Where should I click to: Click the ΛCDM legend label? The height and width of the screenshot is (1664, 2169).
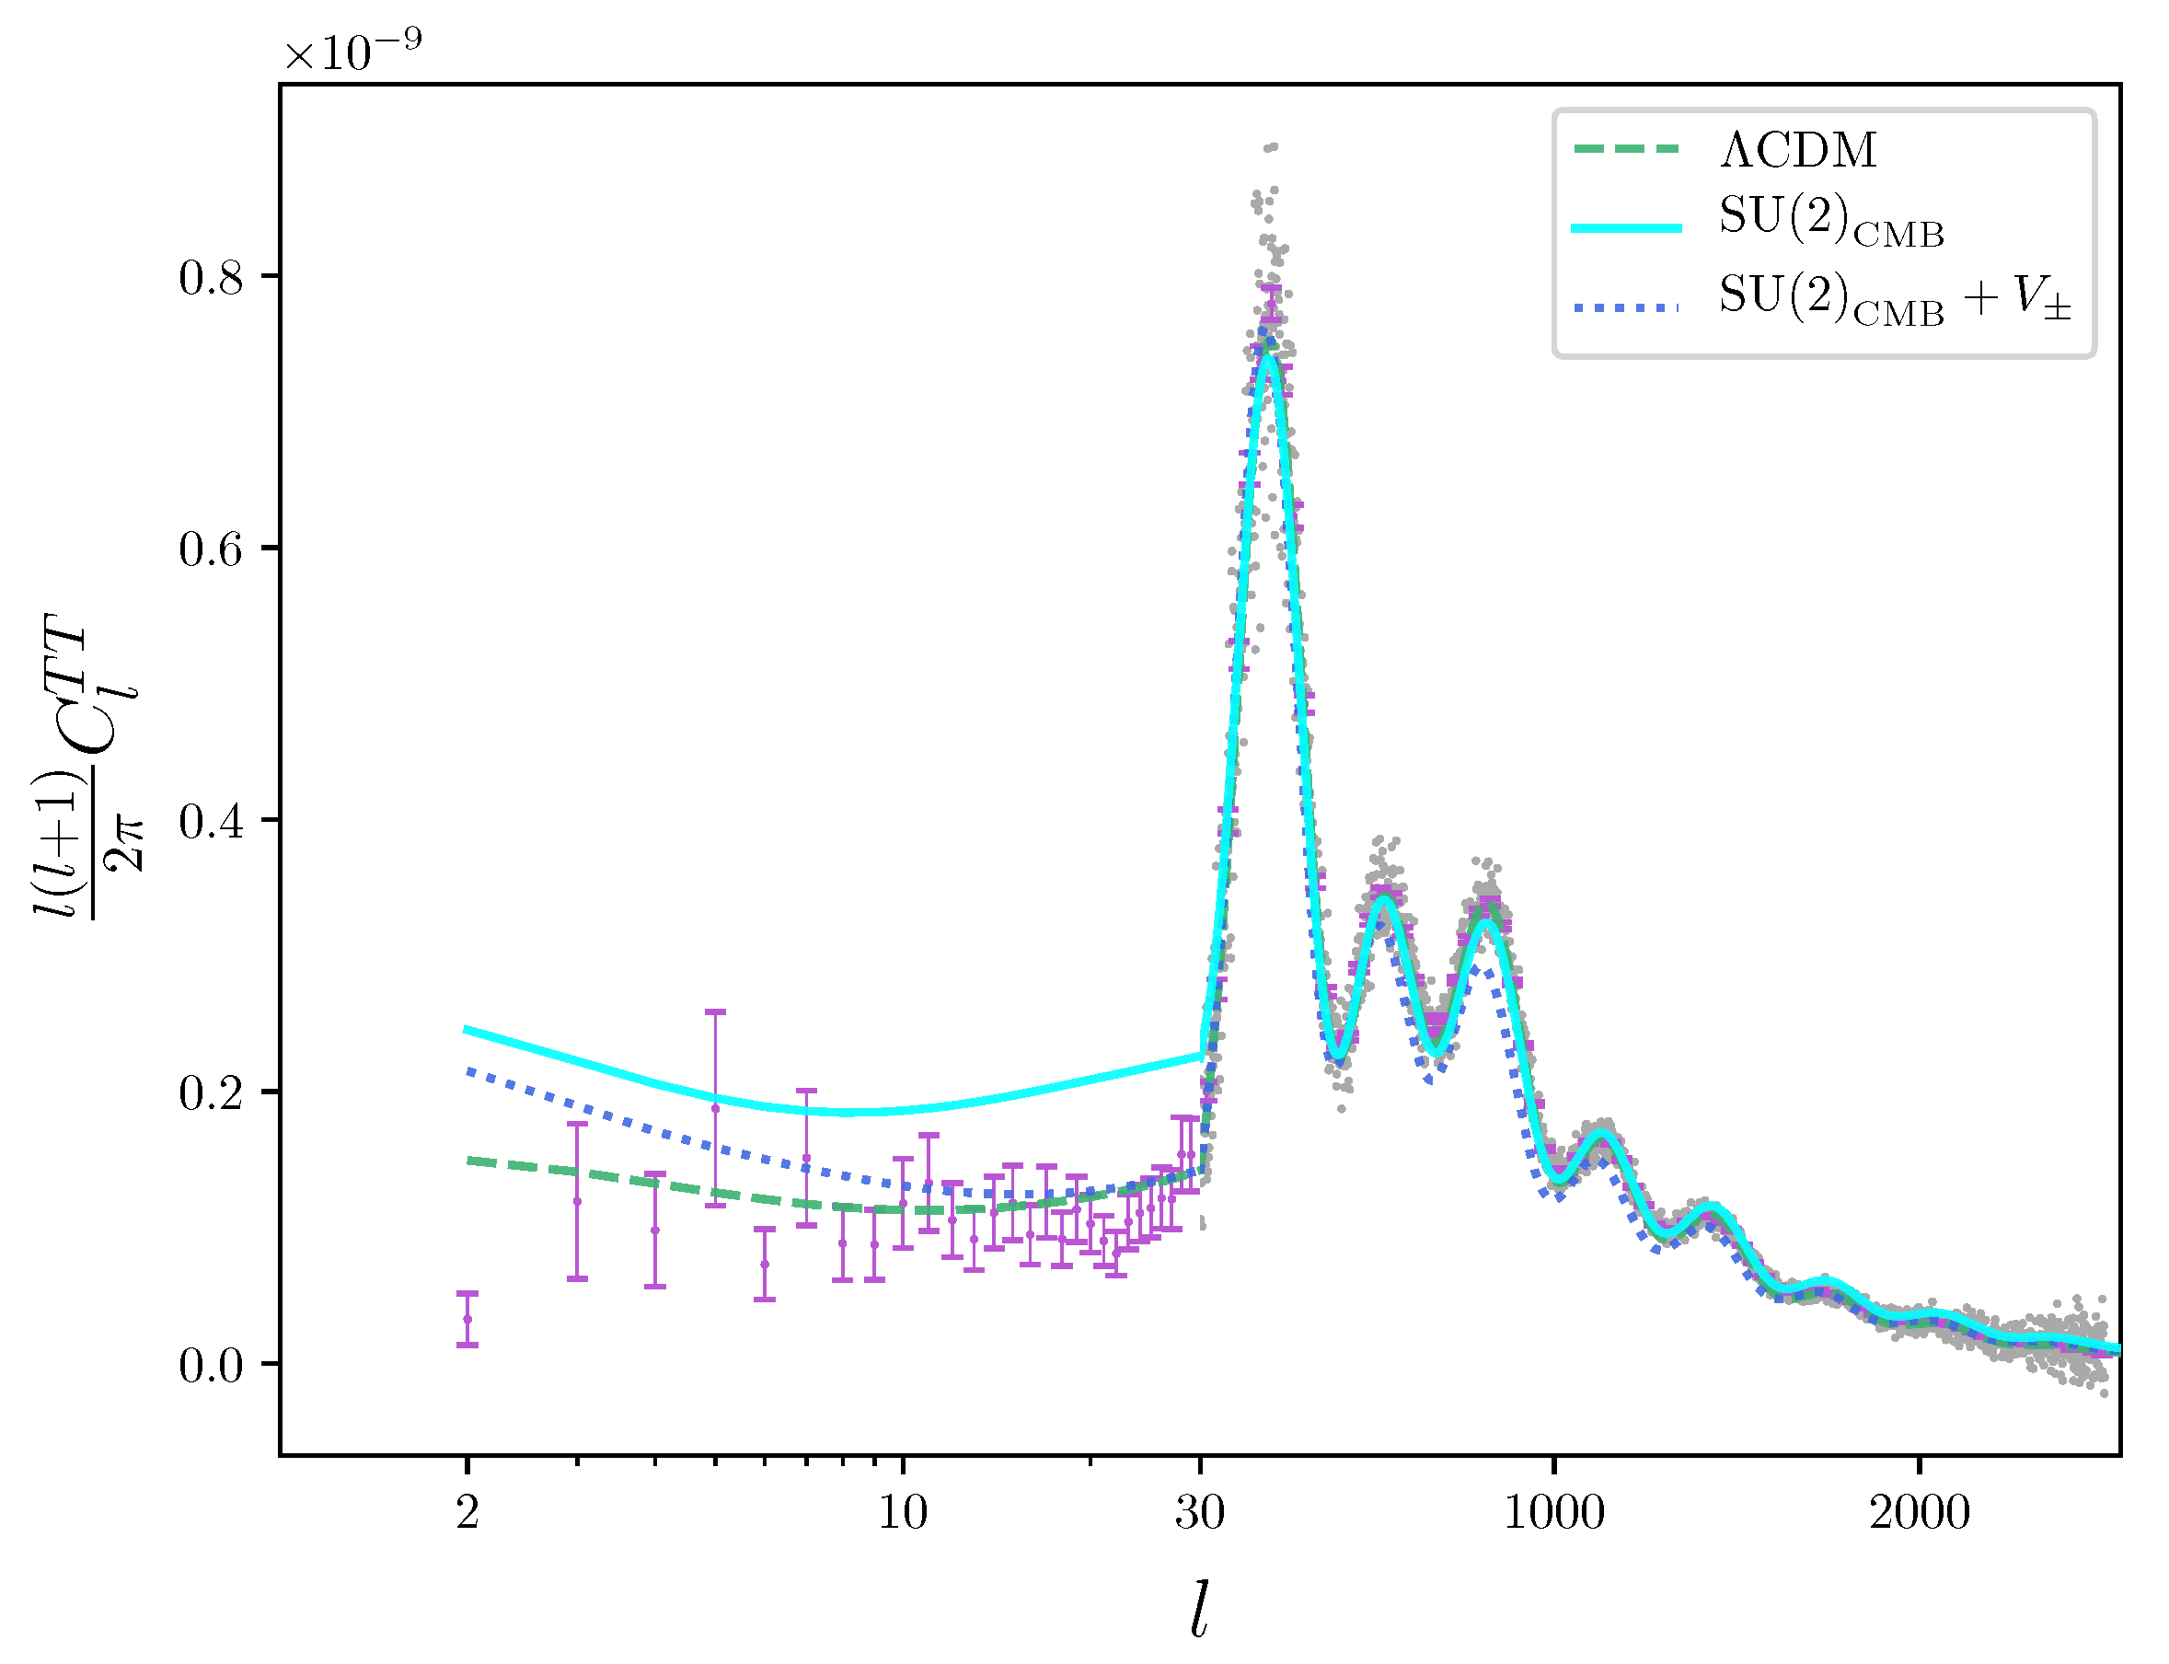[x=1796, y=150]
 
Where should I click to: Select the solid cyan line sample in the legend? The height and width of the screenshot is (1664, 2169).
[x=1626, y=228]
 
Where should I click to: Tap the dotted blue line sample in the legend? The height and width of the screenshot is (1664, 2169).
[x=1626, y=308]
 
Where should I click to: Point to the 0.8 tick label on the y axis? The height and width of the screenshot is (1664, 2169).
[x=210, y=277]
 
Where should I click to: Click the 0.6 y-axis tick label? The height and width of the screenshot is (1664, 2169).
[x=210, y=549]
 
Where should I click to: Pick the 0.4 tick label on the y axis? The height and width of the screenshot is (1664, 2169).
[x=210, y=822]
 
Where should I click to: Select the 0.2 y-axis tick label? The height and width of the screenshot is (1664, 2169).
[x=210, y=1093]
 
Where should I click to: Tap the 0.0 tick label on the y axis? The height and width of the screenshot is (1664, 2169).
[x=210, y=1366]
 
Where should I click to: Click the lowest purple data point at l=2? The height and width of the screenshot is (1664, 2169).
[x=467, y=1319]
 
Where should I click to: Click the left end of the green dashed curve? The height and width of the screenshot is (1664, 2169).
[x=469, y=1160]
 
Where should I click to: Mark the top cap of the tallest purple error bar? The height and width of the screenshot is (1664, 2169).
[x=715, y=1011]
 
